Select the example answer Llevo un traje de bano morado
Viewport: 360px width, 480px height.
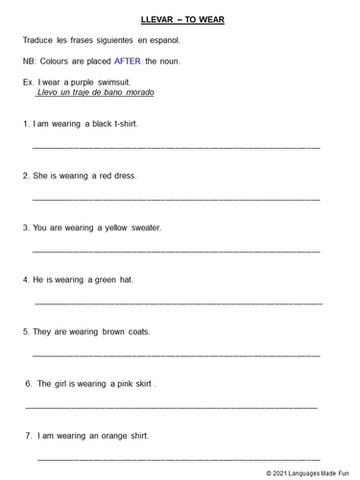pyautogui.click(x=94, y=93)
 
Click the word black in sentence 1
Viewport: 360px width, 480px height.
pyautogui.click(x=98, y=124)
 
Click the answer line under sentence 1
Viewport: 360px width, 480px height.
pyautogui.click(x=176, y=148)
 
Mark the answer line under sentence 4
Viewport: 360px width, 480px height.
pyautogui.click(x=179, y=303)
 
